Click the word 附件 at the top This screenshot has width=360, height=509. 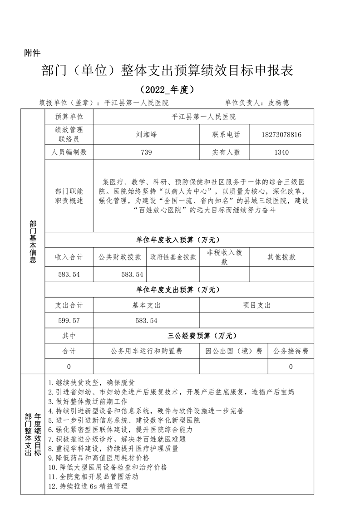32,54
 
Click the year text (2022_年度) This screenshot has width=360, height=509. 167,89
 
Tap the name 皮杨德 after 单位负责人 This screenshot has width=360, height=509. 278,103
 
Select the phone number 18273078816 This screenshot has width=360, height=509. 281,135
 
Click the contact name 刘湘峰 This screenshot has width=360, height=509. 146,135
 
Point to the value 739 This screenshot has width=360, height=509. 146,152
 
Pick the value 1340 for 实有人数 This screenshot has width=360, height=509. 281,152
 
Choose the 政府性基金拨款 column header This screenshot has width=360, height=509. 173,257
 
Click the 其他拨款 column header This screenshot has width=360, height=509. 281,257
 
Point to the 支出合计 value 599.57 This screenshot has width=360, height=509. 69,320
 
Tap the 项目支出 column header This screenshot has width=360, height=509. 256,306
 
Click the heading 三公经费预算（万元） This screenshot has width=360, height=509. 202,336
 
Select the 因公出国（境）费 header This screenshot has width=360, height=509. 234,351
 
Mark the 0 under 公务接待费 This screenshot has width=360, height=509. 291,367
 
